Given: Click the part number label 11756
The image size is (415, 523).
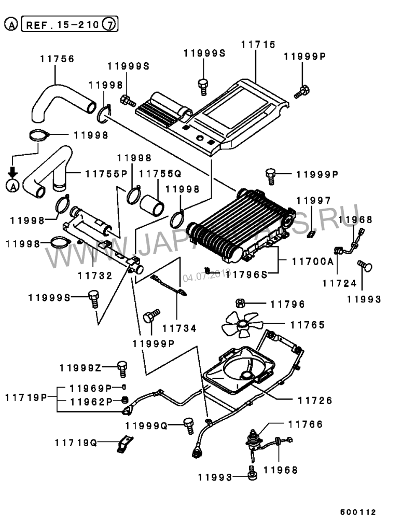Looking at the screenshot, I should tap(57, 59).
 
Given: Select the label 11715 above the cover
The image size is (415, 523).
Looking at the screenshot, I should tap(258, 46).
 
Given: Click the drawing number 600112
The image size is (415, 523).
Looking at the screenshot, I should tap(358, 511).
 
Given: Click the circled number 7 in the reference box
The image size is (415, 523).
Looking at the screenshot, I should tap(109, 24).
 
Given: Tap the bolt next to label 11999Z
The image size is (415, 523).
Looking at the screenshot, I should tap(122, 369).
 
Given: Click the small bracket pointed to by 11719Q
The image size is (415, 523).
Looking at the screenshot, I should tap(123, 444).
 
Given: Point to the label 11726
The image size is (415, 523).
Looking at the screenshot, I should tap(315, 400).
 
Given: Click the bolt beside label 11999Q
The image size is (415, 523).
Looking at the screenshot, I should tap(189, 425).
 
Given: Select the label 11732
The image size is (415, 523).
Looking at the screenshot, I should tap(95, 276).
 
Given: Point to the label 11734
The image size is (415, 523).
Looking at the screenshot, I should tap(179, 328).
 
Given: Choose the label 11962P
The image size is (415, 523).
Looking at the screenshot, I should tap(91, 401).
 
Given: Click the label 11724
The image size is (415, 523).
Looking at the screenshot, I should tap(339, 283).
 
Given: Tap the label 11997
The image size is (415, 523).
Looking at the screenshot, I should tap(313, 200).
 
